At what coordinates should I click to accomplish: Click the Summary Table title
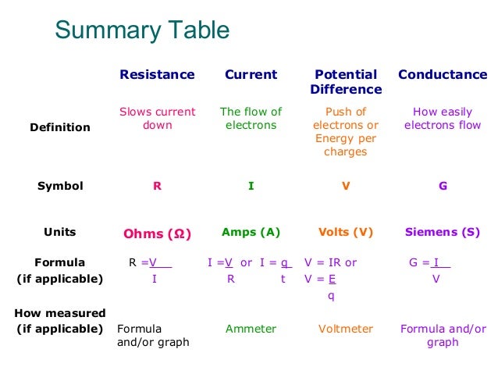[142, 30]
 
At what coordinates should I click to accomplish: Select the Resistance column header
[157, 75]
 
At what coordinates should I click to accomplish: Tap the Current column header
[251, 75]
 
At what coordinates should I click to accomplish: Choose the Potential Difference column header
[345, 82]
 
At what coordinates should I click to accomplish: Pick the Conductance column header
[443, 75]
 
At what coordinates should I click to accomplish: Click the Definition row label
[61, 127]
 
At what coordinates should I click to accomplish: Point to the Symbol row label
[60, 187]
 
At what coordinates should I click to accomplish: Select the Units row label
[60, 232]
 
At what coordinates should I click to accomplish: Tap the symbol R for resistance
[157, 187]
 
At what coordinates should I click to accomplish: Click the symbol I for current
[251, 187]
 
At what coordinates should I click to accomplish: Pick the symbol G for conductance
[443, 187]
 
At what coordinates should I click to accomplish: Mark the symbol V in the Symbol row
[345, 187]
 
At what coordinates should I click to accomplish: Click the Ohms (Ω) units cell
[157, 233]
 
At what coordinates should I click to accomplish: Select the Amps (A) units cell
[251, 232]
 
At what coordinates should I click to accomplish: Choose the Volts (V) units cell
[345, 232]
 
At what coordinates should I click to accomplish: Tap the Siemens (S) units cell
[443, 232]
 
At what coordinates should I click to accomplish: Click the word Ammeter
[251, 329]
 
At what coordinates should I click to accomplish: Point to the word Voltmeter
[345, 329]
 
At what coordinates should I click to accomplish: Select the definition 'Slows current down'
[157, 118]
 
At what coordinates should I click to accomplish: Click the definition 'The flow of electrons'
[251, 118]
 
